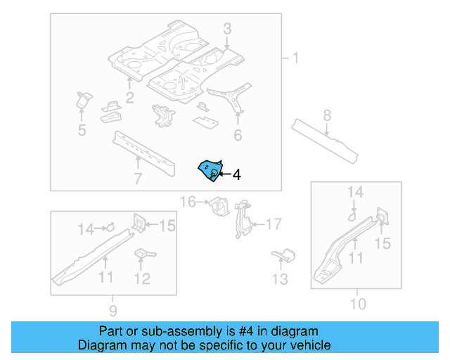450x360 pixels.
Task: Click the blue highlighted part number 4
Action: pos(210,170)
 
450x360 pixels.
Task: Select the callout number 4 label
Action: pos(236,175)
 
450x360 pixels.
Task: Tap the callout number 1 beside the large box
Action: pos(295,58)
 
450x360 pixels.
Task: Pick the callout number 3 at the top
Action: pos(227,29)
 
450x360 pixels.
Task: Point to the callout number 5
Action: pos(82,129)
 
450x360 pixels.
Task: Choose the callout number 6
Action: pos(238,135)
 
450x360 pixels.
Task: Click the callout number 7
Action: pos(138,179)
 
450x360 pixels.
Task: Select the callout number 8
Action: pos(327,115)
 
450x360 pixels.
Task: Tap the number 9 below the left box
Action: pos(112,310)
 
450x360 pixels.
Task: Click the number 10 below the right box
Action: pos(358,304)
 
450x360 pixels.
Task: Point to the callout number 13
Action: pos(281,280)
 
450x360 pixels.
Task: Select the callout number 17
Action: pos(273,224)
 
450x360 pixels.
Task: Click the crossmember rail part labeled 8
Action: pos(325,137)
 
